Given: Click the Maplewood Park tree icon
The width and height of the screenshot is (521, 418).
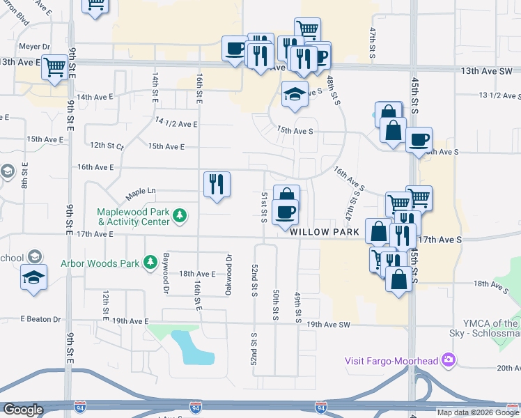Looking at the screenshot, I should click(x=180, y=215).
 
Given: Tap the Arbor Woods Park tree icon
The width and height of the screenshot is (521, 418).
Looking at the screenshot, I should click(x=150, y=263).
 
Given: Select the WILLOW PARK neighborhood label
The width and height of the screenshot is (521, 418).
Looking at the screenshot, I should click(x=325, y=231).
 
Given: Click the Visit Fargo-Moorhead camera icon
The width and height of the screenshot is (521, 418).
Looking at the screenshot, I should click(x=448, y=360).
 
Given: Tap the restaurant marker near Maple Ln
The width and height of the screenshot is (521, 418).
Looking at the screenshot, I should click(x=217, y=185).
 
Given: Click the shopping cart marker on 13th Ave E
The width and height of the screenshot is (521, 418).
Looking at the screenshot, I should click(x=54, y=68).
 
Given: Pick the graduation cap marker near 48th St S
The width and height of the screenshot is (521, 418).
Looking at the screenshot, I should click(x=295, y=94).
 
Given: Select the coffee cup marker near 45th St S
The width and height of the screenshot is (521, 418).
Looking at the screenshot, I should click(x=419, y=140).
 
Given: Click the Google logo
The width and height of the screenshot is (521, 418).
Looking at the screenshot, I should click(x=23, y=410).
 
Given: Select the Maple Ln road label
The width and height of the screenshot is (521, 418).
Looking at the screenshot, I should click(x=139, y=192).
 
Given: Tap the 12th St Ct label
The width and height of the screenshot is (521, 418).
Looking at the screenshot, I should click(x=106, y=146).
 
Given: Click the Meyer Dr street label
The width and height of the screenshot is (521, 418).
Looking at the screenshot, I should click(x=36, y=47).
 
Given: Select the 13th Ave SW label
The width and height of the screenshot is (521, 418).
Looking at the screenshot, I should click(x=487, y=71).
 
